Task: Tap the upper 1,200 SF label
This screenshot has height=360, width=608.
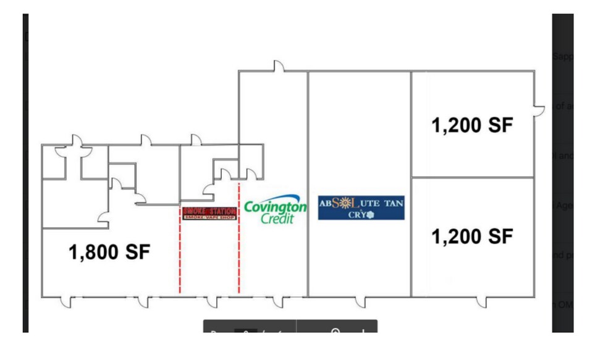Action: [x=473, y=125]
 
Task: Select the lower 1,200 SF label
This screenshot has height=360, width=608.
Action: [x=473, y=236]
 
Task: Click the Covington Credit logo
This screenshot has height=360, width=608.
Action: [x=275, y=212]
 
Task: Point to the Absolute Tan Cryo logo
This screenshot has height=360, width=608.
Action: [x=361, y=207]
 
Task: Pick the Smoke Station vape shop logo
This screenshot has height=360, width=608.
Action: [x=209, y=214]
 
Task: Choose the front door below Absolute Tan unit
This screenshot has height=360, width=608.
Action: [x=360, y=301]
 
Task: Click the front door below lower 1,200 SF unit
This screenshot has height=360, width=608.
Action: [x=481, y=301]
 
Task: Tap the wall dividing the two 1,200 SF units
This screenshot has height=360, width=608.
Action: [x=473, y=177]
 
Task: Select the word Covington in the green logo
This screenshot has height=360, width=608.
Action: [x=275, y=206]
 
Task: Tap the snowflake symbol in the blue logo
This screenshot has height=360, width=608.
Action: [x=371, y=214]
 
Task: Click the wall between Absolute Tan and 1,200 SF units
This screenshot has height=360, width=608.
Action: [x=412, y=185]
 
